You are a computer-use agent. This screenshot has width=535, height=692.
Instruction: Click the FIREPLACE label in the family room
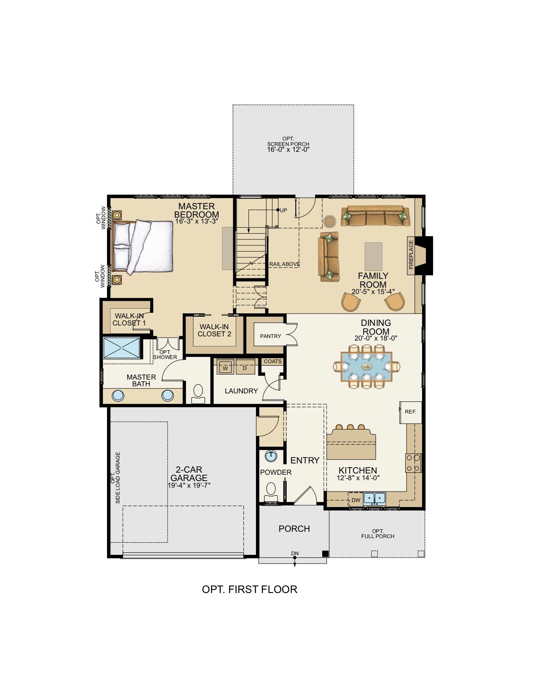pyautogui.click(x=411, y=255)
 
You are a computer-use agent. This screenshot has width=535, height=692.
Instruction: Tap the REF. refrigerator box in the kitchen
pyautogui.click(x=411, y=412)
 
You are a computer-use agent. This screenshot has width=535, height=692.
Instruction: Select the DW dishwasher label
pyautogui.click(x=355, y=500)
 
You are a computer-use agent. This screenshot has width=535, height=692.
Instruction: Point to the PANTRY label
pyautogui.click(x=271, y=336)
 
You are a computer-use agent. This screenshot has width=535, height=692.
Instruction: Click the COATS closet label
pyautogui.click(x=273, y=362)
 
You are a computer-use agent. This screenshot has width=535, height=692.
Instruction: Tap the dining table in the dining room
pyautogui.click(x=366, y=367)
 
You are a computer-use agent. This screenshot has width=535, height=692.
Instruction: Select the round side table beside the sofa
pyautogui.click(x=329, y=221)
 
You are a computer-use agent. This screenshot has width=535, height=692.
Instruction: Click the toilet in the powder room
pyautogui.click(x=271, y=492)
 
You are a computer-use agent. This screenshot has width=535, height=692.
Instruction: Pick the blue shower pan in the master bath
pyautogui.click(x=121, y=348)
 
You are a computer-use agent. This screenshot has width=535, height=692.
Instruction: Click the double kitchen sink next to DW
pyautogui.click(x=374, y=499)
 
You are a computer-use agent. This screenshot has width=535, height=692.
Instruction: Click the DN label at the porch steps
pyautogui.click(x=295, y=554)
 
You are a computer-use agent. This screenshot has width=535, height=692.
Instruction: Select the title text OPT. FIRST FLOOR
pyautogui.click(x=250, y=589)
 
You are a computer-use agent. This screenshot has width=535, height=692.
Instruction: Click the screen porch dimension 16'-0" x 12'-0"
pyautogui.click(x=288, y=150)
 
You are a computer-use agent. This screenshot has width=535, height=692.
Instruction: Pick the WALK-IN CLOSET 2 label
pyautogui.click(x=214, y=330)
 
